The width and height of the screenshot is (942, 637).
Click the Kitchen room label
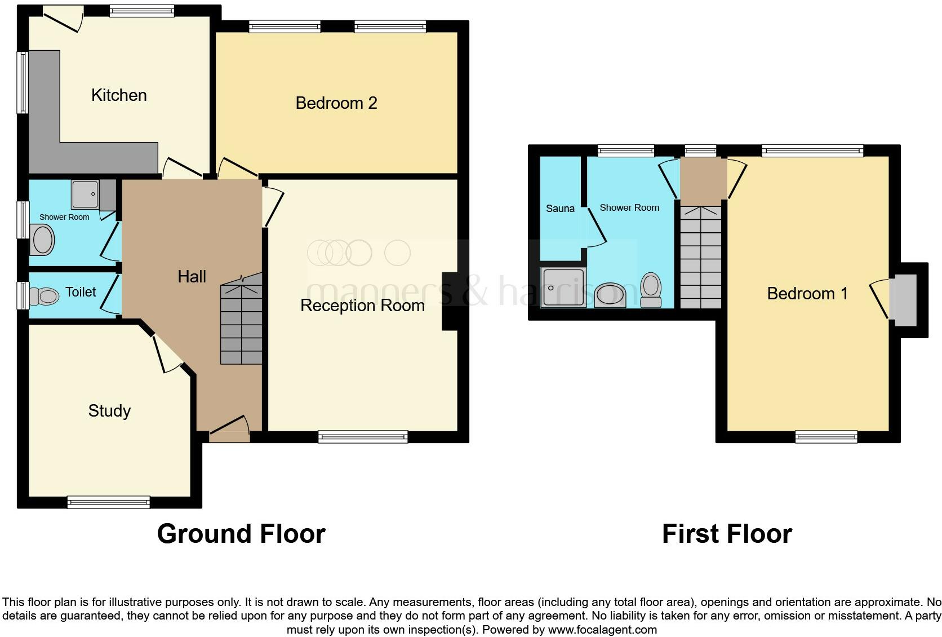tap(119, 95)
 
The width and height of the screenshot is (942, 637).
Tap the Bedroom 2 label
tap(336, 103)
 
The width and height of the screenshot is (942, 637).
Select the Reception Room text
tap(362, 306)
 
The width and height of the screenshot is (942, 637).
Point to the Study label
tap(109, 411)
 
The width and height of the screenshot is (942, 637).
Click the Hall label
tap(192, 277)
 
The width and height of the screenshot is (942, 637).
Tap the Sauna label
tap(560, 208)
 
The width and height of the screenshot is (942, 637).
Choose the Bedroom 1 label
tap(807, 294)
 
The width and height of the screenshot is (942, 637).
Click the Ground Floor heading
tap(241, 534)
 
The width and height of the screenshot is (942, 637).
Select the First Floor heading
tap(727, 534)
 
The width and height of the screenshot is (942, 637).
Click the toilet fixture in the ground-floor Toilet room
tap(44, 296)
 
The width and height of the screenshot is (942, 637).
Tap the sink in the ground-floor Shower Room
tap(42, 240)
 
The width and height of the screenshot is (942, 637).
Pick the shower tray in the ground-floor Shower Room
tap(86, 194)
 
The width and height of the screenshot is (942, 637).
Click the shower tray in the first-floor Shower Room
tap(563, 287)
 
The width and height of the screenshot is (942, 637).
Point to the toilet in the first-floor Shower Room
tap(651, 290)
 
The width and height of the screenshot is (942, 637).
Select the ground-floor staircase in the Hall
tap(241, 319)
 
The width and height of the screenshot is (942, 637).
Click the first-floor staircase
tap(701, 257)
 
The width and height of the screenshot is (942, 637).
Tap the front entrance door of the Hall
tap(230, 429)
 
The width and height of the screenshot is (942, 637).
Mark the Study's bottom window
tap(109, 502)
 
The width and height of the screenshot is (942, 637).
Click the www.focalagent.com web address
tap(602, 630)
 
